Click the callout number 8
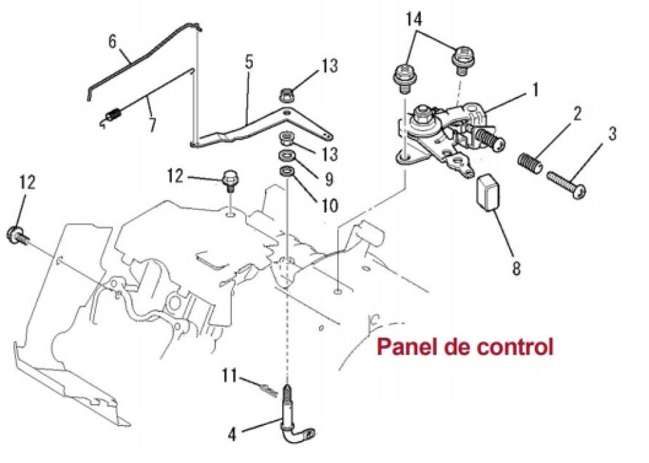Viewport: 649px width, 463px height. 516,268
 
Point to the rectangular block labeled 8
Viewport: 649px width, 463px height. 489,192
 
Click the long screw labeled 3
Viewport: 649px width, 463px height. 567,184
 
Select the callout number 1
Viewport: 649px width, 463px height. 535,90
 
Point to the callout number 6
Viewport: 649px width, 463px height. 113,42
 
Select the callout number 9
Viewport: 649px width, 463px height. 329,179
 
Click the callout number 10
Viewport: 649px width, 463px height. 330,205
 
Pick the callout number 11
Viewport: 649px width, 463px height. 230,375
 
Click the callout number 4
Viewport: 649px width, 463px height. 233,435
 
